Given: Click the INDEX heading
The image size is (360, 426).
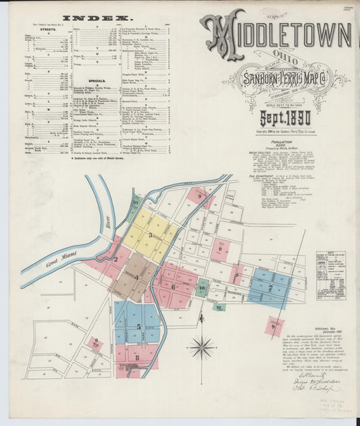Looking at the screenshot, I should click(x=97, y=18).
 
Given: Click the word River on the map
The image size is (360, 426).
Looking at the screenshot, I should click(x=105, y=220).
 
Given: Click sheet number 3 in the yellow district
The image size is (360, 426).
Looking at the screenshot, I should click(x=151, y=235).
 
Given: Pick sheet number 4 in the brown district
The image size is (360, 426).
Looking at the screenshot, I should click(x=136, y=277).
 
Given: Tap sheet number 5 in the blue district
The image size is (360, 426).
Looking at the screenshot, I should click(x=138, y=326).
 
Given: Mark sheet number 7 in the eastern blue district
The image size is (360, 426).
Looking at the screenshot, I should click(x=270, y=288).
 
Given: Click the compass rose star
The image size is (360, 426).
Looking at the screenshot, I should click(x=201, y=348).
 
